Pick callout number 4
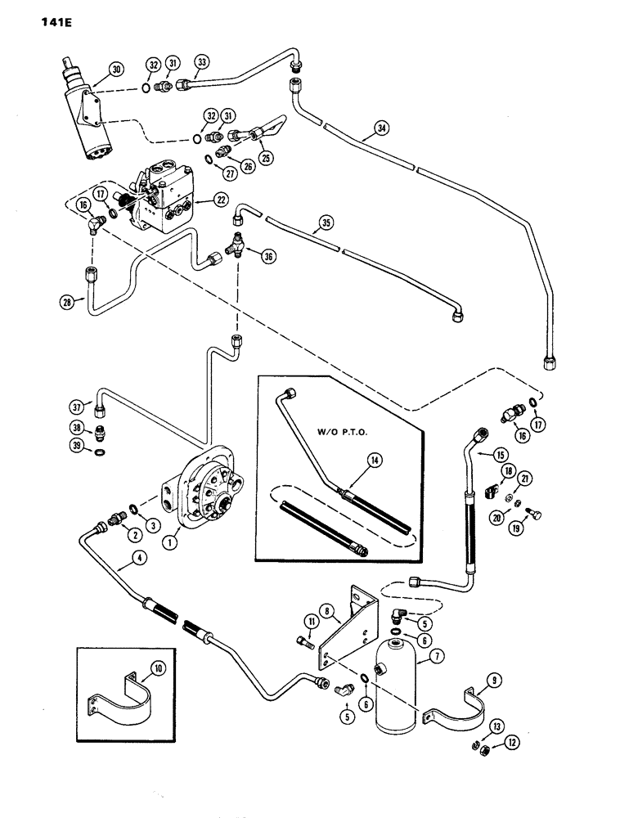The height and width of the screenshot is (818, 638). coord(119,563)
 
